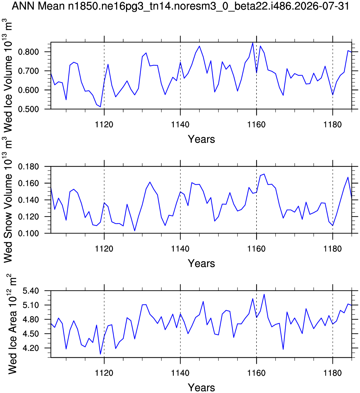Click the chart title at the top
(x=180, y=6)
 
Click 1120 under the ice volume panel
(x=104, y=124)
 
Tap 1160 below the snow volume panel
(x=256, y=249)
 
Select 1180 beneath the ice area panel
(x=332, y=373)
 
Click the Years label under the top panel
(x=201, y=139)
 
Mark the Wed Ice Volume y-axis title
(x=8, y=75)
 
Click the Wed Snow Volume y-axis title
(x=8, y=204)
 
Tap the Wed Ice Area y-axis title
(x=12, y=324)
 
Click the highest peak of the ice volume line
(x=253, y=43)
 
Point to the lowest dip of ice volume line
(x=100, y=107)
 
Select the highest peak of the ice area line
(x=264, y=294)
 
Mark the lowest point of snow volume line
(x=135, y=231)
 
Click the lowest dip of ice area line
(x=100, y=354)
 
